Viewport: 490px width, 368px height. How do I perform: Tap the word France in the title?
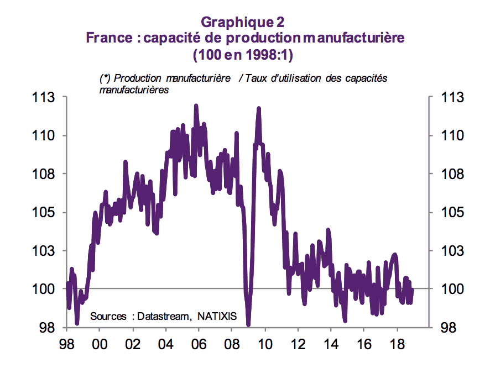pos(109,39)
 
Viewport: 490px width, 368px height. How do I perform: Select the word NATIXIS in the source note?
pos(216,317)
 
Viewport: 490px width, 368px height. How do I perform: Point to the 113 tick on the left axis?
pos(48,98)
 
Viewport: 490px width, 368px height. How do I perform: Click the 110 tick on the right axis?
pos(446,136)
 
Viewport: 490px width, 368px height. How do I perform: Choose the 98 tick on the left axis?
pos(51,328)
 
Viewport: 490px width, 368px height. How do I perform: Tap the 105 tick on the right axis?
pos(446,213)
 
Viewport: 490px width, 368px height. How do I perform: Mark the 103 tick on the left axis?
pos(48,251)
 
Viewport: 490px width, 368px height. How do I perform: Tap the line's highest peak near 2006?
pos(196,106)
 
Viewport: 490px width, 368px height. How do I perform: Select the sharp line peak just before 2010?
pos(258,109)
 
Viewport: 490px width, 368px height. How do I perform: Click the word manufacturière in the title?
pos(354,39)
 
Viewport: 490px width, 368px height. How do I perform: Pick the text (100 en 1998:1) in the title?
pos(242,56)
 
